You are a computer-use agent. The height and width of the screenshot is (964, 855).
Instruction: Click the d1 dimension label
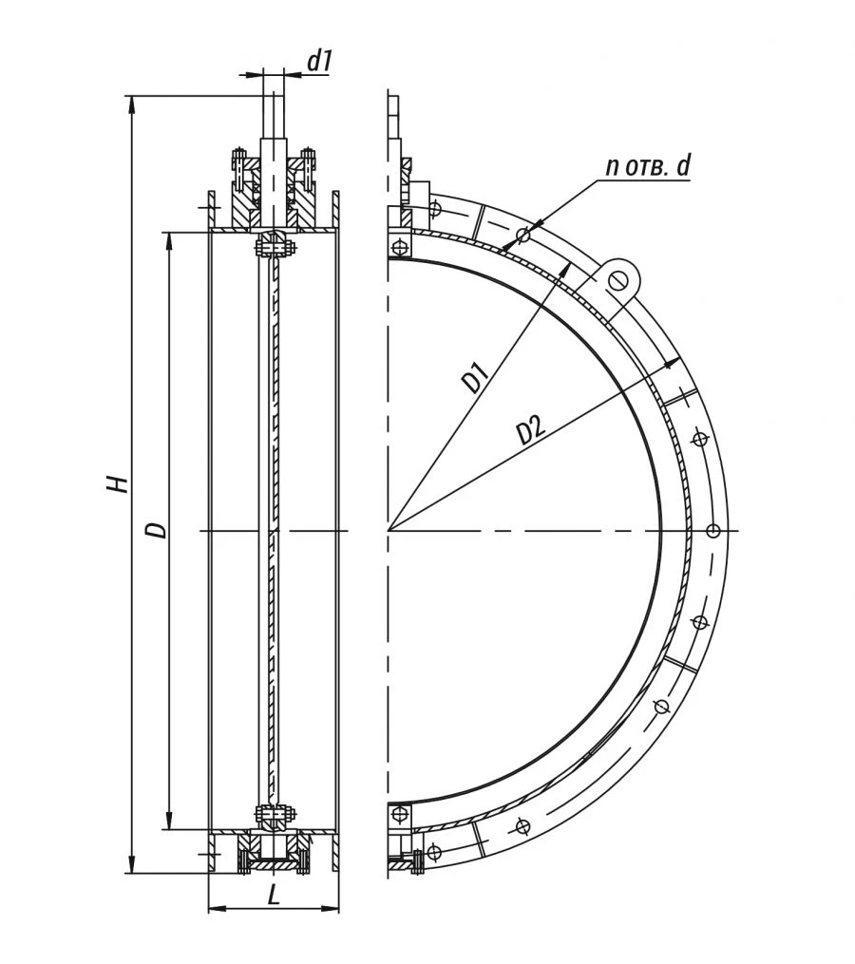[x=319, y=62]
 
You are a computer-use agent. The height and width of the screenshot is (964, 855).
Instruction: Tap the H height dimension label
[x=117, y=483]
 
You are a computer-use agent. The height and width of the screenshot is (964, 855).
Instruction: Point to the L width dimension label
[x=274, y=895]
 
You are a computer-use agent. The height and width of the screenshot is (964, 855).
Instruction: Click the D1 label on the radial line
[x=475, y=376]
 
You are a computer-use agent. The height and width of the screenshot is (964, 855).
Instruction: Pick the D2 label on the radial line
[x=531, y=430]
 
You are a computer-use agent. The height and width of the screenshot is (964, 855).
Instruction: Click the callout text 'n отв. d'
[x=649, y=166]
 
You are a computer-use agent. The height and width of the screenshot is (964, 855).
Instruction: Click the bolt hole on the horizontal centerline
[x=713, y=530]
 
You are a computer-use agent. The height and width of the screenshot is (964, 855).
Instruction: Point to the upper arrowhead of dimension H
[x=130, y=102]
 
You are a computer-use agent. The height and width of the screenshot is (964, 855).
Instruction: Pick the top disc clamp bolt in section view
[x=275, y=248]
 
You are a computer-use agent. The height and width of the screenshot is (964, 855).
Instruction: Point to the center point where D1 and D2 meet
[x=389, y=530]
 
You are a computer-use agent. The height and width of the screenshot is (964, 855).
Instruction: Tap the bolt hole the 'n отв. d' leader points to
[x=522, y=235]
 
